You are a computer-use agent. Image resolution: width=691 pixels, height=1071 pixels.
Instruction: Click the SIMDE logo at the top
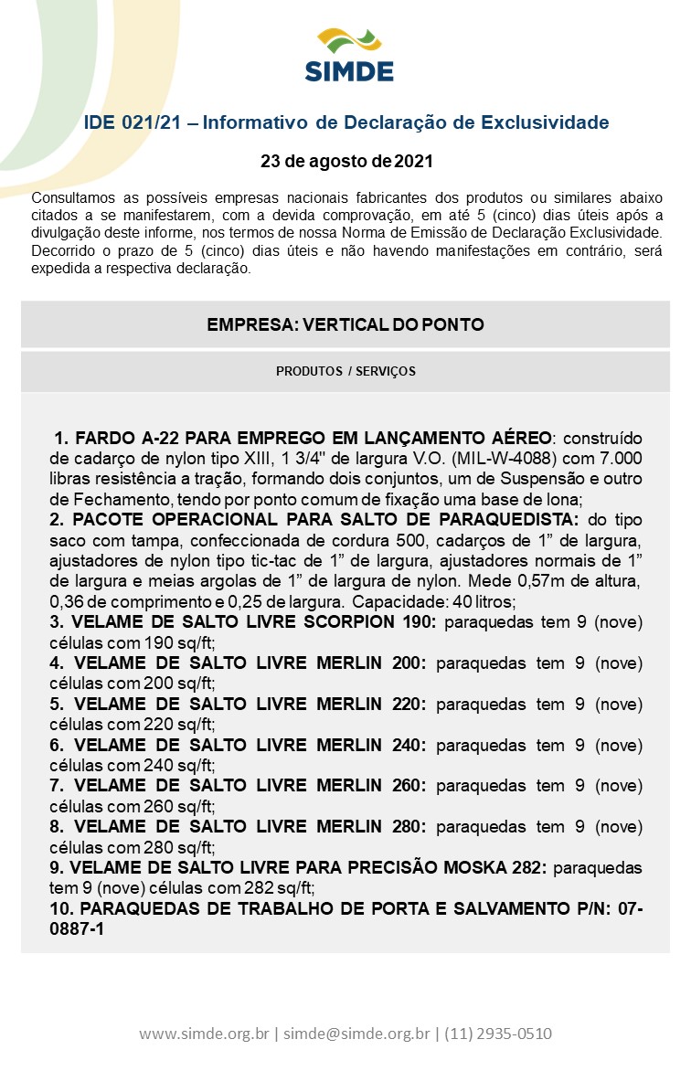click(x=348, y=57)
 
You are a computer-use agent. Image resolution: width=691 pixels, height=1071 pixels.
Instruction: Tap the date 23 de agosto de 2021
click(x=346, y=162)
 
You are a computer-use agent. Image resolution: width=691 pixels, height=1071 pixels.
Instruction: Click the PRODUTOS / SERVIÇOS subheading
click(x=345, y=371)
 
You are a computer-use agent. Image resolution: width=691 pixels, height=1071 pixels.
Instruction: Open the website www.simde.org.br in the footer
click(x=204, y=1034)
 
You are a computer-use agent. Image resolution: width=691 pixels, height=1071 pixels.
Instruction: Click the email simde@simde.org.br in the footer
click(x=356, y=1034)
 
